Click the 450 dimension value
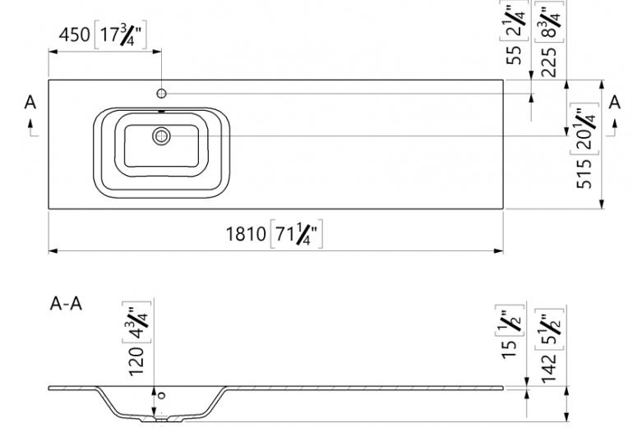pyautogui.click(x=74, y=34)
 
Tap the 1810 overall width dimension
pyautogui.click(x=246, y=234)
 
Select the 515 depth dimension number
pyautogui.click(x=584, y=174)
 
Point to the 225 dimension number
pyautogui.click(x=549, y=62)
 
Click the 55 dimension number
pyautogui.click(x=514, y=55)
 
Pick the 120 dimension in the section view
pyautogui.click(x=136, y=361)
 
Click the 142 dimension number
pyautogui.click(x=549, y=369)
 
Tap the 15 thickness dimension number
pyautogui.click(x=510, y=349)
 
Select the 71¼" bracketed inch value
pyautogui.click(x=296, y=234)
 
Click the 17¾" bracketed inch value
pyautogui.click(x=121, y=34)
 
